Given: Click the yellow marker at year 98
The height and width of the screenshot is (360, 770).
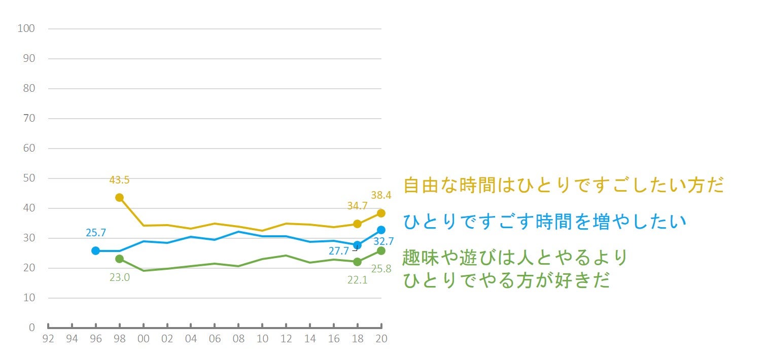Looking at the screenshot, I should (119, 197).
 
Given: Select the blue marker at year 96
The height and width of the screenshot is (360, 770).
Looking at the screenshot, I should (95, 250).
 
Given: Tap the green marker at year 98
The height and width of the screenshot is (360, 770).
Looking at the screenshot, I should (119, 259).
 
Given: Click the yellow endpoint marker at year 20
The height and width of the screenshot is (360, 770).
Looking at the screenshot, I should (381, 213).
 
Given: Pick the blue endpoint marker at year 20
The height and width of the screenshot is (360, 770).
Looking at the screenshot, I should (381, 230).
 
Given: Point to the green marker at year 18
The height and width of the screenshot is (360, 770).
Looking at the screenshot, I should (357, 262).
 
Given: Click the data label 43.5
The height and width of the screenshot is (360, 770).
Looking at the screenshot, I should (119, 180).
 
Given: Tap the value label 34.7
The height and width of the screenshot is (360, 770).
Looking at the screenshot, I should (357, 206).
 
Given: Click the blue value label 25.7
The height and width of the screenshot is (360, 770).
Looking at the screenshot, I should (95, 233).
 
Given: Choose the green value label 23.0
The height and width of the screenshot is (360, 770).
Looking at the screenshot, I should (119, 277).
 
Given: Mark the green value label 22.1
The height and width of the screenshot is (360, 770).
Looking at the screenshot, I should (357, 278).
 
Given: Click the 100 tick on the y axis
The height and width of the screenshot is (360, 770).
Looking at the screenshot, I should (26, 28).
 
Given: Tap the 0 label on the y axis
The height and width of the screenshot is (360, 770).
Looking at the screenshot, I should (31, 328).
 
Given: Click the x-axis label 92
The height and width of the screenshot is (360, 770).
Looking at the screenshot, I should (48, 339).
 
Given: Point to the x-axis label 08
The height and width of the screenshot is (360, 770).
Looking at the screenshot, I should (238, 339).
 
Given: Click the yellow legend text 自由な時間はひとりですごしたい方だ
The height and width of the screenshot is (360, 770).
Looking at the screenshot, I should (563, 185).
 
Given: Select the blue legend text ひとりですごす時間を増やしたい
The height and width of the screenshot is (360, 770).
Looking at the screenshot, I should (544, 221).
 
